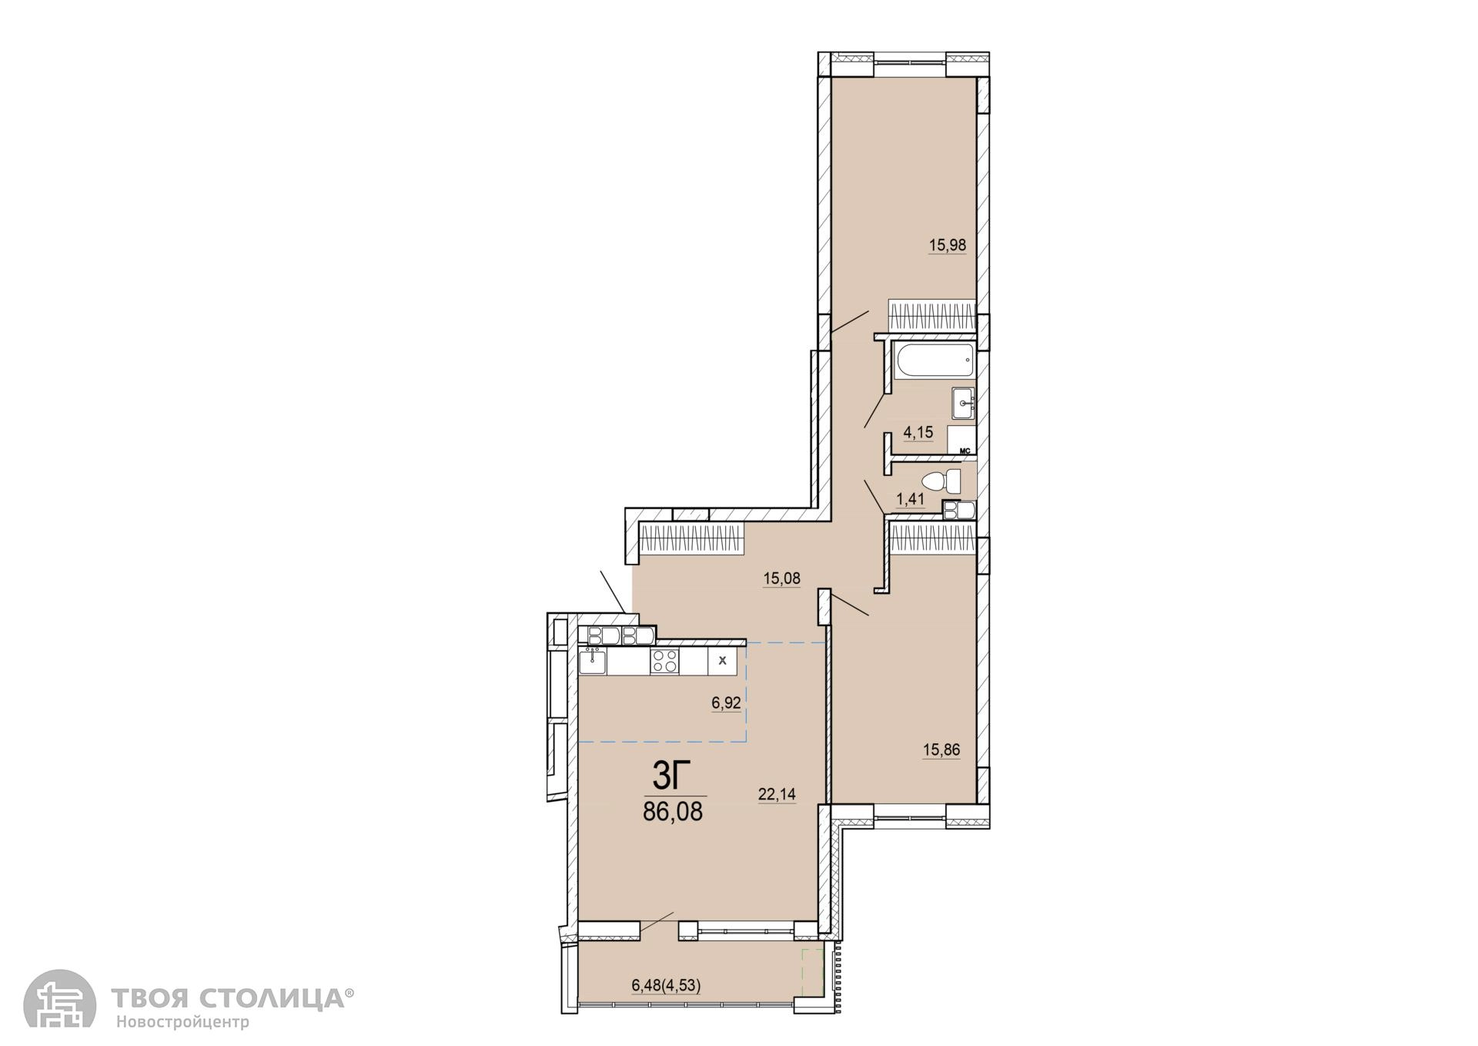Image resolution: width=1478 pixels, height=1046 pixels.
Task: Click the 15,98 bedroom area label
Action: point(947,246)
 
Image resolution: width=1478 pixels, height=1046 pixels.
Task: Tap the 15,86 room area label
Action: point(941,749)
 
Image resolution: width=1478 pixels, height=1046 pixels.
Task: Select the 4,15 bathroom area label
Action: point(918,433)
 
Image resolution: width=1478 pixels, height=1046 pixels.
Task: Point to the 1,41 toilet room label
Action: point(909,498)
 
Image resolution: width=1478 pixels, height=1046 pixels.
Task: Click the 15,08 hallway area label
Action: point(781,578)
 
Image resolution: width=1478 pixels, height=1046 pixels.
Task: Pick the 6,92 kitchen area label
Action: point(726,702)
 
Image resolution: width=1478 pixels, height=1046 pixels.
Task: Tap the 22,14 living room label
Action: point(777,795)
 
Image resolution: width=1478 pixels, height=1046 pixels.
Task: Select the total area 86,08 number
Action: point(673,812)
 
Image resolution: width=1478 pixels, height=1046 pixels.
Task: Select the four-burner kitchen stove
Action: point(665,662)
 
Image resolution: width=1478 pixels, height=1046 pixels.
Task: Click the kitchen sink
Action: point(593,662)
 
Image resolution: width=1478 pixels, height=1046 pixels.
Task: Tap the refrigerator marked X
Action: point(722,661)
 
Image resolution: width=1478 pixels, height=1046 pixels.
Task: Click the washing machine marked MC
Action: point(961,440)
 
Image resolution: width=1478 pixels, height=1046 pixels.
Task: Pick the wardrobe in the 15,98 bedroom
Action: point(932,317)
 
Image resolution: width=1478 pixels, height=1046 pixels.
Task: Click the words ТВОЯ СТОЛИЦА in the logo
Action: point(229,998)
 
